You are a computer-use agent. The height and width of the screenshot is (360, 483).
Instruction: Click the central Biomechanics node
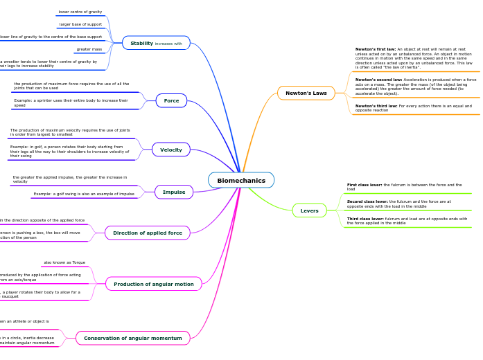click(x=241, y=181)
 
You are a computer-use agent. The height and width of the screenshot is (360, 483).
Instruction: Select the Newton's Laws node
click(x=306, y=93)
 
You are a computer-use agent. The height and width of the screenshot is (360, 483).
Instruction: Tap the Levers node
click(x=309, y=210)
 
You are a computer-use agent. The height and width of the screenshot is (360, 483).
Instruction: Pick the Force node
click(x=171, y=100)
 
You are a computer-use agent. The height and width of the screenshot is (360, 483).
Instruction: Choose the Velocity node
click(x=171, y=150)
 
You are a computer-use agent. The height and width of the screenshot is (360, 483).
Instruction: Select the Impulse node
click(x=174, y=192)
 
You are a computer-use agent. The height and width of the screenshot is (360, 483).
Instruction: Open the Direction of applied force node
click(x=147, y=233)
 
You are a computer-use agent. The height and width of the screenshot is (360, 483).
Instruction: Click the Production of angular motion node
click(x=153, y=284)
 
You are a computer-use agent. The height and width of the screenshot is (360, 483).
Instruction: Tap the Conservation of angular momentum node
click(x=132, y=339)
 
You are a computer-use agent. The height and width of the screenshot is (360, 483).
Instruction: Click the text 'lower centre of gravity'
click(x=80, y=12)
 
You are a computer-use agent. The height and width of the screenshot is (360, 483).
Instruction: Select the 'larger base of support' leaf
click(x=80, y=24)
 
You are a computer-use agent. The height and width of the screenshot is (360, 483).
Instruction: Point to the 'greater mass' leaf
click(x=89, y=49)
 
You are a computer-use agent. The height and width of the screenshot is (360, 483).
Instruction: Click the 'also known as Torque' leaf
click(x=64, y=262)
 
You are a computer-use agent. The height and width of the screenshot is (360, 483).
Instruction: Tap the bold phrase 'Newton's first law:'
click(x=376, y=49)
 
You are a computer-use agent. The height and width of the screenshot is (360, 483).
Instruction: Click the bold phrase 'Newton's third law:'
click(x=376, y=106)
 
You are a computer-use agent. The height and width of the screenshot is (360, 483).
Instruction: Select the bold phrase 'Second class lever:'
click(x=367, y=201)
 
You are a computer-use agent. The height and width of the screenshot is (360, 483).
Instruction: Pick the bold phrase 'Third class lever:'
click(x=365, y=219)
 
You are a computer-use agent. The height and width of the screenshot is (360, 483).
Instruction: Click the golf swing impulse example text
click(x=84, y=194)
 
